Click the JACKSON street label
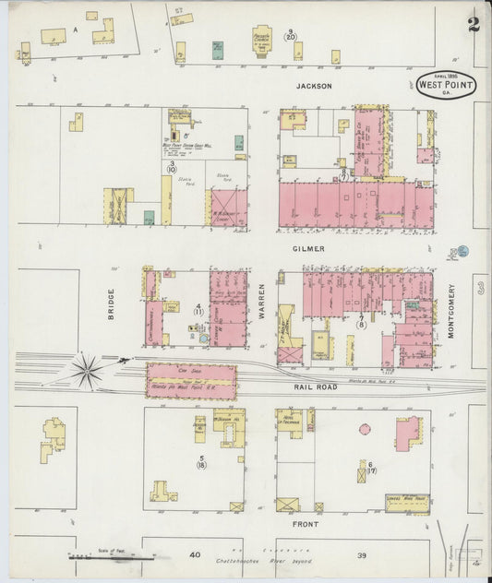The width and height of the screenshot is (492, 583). coord(313,86)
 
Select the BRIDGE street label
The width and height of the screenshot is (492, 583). coord(111,305)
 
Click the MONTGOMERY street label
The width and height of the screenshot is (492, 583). coord(452,311)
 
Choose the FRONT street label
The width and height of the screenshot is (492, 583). coord(306,524)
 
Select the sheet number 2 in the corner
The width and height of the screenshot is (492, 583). coord(474,24)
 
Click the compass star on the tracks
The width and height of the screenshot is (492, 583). coord(88,371)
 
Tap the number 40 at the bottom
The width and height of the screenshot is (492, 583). coord(194,555)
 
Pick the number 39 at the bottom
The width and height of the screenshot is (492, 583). coord(363,555)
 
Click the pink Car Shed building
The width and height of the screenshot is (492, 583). coord(190,380)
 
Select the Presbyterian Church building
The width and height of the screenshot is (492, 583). coord(263,42)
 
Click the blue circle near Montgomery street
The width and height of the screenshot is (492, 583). coord(463,250)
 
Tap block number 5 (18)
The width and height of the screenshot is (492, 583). coord(201,461)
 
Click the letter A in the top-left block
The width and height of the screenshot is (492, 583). coord(75,29)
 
